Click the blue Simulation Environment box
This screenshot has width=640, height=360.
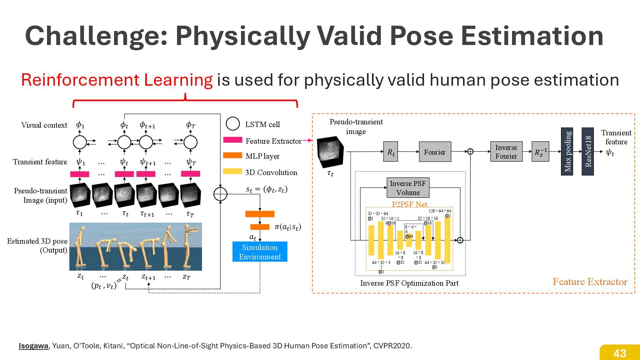260,252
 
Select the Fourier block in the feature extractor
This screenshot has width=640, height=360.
435,152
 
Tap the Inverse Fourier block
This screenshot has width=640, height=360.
506,152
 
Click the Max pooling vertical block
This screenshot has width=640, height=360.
567,151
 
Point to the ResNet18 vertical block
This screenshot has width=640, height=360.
588,151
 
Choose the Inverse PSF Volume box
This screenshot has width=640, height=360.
408,188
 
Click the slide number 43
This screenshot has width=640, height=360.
620,353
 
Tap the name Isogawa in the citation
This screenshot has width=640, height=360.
33,346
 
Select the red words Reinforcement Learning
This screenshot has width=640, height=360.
117,80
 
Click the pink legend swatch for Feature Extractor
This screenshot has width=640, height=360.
233,140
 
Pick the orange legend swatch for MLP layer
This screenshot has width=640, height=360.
233,155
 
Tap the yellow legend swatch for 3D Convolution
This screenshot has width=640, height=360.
233,171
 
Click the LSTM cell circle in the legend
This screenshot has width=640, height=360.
233,124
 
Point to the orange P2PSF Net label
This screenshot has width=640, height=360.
409,204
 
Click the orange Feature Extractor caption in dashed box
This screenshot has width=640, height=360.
590,282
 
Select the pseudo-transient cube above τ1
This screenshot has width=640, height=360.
80,195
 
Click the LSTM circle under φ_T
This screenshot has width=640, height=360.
190,142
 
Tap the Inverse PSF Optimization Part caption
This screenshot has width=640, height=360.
409,283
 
